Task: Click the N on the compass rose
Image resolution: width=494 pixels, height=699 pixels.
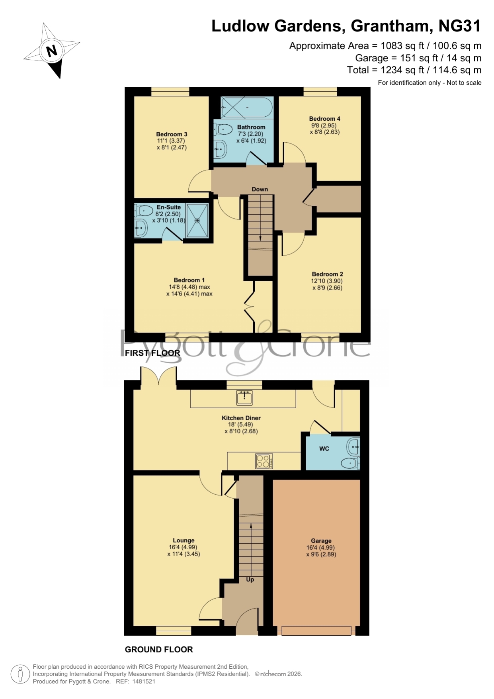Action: [x=52, y=51]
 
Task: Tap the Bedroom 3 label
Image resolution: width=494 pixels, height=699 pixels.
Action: [x=172, y=134]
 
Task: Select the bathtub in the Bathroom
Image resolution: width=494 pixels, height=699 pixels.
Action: [x=247, y=107]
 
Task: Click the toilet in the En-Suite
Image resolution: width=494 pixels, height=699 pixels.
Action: [x=144, y=210]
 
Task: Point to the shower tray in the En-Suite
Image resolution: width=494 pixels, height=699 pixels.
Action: [x=197, y=221]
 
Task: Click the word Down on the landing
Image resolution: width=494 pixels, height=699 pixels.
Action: [x=260, y=189]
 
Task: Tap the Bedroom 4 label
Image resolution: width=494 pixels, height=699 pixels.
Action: [x=325, y=119]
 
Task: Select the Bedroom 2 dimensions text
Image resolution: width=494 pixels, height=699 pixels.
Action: [x=327, y=284]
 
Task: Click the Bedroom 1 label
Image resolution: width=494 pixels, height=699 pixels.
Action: [x=189, y=280]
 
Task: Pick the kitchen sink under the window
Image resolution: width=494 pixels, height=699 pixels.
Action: [x=244, y=397]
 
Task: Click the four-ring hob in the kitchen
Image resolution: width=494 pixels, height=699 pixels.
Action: [x=264, y=461]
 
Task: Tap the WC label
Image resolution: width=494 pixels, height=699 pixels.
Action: [x=324, y=448]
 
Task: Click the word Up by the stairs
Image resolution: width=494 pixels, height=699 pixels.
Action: [x=250, y=580]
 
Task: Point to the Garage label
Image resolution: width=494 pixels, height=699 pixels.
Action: [x=321, y=541]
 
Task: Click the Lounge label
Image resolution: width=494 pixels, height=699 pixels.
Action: [x=184, y=540]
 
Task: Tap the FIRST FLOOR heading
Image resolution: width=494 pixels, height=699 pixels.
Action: [x=152, y=353]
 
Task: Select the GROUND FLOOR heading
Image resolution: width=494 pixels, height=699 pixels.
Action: [x=159, y=650]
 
